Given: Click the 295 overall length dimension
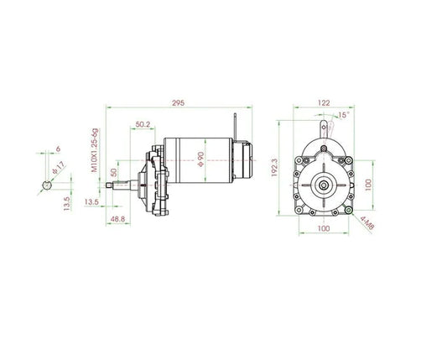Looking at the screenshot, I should [x=177, y=102].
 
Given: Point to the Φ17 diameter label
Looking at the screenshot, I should [x=56, y=168].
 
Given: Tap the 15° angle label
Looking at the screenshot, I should [x=343, y=115].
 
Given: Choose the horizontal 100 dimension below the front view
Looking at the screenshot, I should [x=323, y=228].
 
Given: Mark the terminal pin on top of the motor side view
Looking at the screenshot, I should [x=239, y=123].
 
